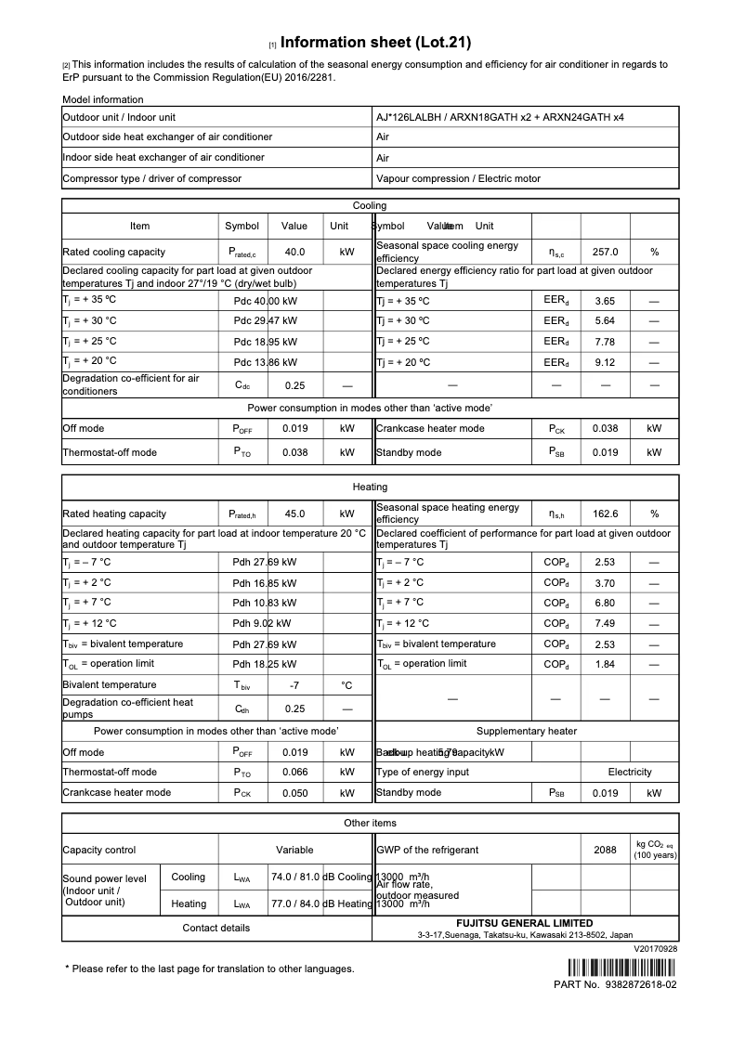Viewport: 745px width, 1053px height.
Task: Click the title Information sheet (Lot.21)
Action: coord(375,42)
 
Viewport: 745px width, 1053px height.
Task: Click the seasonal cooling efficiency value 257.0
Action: coord(605,252)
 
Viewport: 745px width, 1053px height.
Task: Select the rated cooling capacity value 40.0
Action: coord(294,252)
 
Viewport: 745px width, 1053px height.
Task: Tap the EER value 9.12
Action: coord(605,361)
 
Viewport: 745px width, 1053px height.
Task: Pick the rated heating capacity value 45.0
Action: coord(294,513)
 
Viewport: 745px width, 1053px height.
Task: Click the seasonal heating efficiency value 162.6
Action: coord(605,513)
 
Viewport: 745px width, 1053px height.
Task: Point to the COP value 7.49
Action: coord(605,624)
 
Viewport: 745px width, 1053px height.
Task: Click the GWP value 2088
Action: coord(605,850)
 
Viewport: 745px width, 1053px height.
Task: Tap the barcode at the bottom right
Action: coord(615,966)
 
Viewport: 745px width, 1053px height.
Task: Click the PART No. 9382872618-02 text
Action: coord(615,984)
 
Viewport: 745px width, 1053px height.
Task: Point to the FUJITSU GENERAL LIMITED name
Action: coord(524,923)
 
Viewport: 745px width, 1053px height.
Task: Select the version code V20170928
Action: coord(656,949)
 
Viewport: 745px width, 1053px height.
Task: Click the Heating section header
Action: coord(370,487)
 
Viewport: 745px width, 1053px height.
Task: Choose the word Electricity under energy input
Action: coord(630,772)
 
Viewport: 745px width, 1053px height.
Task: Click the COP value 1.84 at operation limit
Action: coord(605,664)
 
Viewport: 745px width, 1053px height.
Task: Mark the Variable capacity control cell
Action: coord(294,850)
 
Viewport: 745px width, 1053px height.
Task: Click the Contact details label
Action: coord(216,928)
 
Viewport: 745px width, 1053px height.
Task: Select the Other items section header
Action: coord(370,823)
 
